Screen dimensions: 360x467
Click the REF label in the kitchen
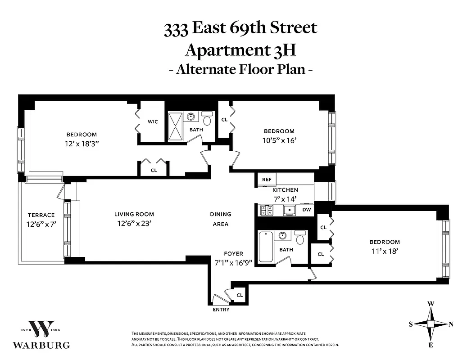(267, 180)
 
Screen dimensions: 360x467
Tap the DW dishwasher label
(306, 210)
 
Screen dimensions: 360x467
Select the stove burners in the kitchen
(267, 210)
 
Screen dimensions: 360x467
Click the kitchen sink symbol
(288, 210)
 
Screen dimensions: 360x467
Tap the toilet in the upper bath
(207, 119)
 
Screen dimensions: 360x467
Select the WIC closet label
(153, 121)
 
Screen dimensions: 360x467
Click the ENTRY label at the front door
(221, 310)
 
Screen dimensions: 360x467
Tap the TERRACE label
(41, 215)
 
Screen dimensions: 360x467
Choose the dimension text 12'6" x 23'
(134, 223)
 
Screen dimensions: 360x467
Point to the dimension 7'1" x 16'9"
(233, 263)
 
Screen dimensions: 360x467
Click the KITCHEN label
(285, 190)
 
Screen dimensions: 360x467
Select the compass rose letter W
(431, 304)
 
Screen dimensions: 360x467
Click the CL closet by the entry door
(240, 295)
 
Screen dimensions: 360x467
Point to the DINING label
(220, 214)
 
